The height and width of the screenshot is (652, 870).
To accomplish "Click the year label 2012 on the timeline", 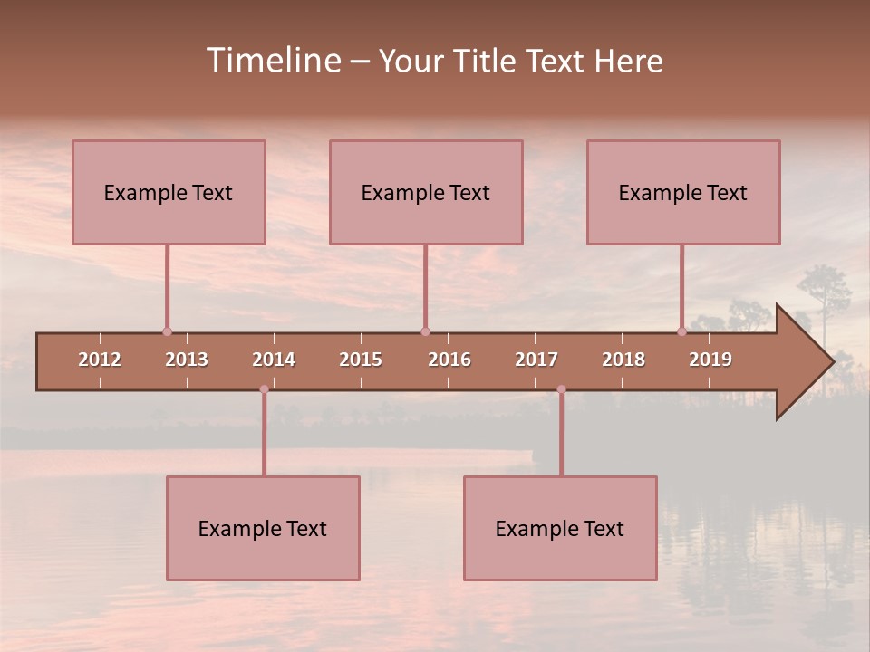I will click(100, 360).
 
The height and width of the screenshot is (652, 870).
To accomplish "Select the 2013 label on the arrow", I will click(187, 360).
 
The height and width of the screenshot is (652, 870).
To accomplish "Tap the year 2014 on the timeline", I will click(274, 360).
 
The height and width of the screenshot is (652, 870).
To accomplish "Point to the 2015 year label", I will click(361, 360).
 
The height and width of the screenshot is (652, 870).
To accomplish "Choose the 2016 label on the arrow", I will click(449, 360).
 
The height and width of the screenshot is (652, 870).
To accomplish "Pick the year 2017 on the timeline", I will click(536, 360).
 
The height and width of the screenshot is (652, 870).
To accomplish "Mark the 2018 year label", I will click(623, 360).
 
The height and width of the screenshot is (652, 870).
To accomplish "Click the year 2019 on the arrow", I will click(710, 360).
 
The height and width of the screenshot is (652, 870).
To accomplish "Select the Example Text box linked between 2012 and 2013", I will click(169, 192).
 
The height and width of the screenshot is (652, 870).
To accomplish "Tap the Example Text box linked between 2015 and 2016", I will click(426, 192).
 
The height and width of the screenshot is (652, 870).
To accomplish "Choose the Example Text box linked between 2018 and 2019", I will click(683, 192).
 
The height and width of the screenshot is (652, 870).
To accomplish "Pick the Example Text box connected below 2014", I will click(263, 528).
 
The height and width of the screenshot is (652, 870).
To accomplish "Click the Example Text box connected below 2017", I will click(560, 528).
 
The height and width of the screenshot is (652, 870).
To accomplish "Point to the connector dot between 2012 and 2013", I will click(167, 332).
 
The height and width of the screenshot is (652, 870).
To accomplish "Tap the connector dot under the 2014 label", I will click(264, 389).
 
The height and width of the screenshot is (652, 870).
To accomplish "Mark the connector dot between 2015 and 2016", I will click(425, 332).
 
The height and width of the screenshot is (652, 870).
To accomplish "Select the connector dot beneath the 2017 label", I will click(561, 389).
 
